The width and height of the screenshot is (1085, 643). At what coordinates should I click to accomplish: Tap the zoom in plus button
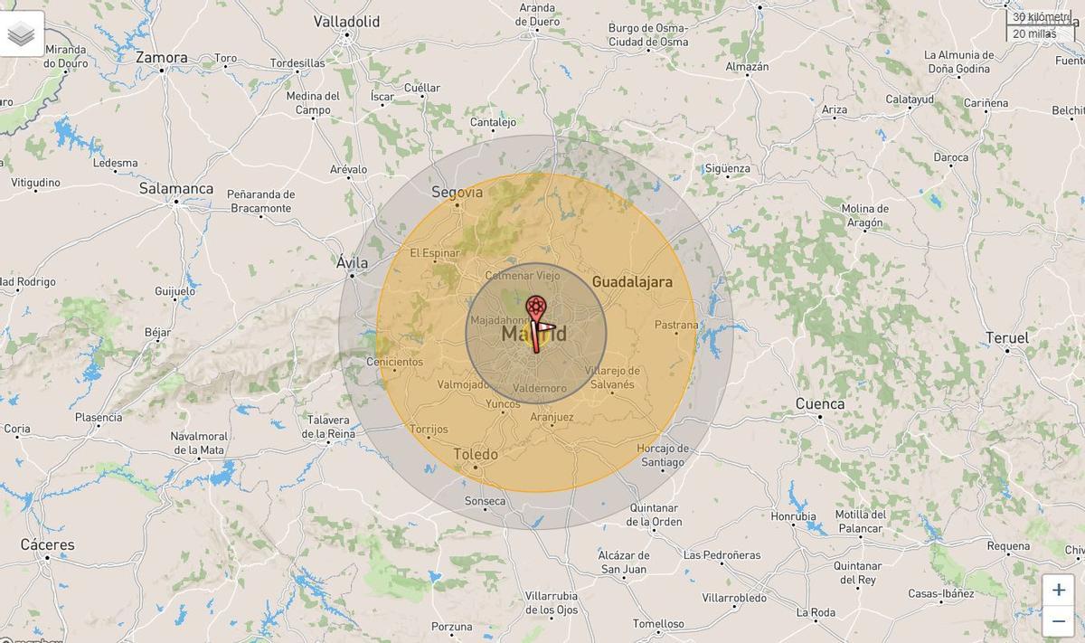tap(1058, 590)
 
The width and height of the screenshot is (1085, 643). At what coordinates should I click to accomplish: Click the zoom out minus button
tap(1058, 621)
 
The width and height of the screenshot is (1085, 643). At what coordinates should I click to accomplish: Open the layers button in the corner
tap(22, 33)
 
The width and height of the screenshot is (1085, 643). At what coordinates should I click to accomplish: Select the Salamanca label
tap(176, 189)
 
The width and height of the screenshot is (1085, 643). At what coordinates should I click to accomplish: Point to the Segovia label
tap(458, 192)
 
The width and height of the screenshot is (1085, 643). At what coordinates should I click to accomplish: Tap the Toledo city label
tap(476, 454)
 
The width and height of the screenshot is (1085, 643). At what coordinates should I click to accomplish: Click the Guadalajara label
tap(632, 282)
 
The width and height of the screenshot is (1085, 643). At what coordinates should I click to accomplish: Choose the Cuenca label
tap(820, 404)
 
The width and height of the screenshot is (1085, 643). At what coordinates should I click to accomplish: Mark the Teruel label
tap(1006, 338)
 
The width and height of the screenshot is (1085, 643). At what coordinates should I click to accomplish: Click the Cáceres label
tap(48, 544)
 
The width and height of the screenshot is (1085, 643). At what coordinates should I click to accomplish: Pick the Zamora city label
tap(162, 58)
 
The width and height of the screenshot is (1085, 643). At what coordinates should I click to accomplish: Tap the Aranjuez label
tap(552, 417)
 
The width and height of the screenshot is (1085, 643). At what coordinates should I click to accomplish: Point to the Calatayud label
tap(909, 99)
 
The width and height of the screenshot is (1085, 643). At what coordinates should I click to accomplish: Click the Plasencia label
tap(99, 418)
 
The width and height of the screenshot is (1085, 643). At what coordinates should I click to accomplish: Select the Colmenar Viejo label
tap(523, 276)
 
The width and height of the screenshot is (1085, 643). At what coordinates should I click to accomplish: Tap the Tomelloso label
tap(658, 624)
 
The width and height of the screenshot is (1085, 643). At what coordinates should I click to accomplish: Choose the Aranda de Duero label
tap(536, 14)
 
